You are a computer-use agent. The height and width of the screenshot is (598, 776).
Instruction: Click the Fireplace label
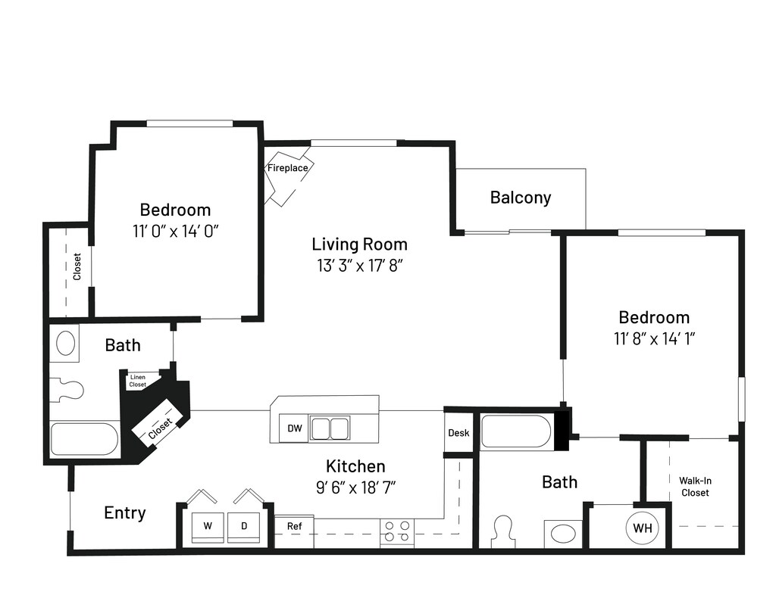point(287,168)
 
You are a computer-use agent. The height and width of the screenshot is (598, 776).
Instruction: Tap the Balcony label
point(521,198)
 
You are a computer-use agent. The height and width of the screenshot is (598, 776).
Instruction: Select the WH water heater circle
point(643,528)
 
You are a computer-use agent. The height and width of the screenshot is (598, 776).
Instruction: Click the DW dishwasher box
point(295,428)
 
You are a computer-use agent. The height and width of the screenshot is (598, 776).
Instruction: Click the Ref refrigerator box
point(294,531)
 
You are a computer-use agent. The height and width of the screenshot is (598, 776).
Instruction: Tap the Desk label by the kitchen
point(458,433)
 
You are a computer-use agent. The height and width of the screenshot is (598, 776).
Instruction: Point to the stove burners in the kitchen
point(397,531)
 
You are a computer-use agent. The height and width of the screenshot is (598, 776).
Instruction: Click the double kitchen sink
point(330,428)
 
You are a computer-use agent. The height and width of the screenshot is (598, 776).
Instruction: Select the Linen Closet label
point(138,381)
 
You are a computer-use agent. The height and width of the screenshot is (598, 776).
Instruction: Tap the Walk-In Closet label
point(695,487)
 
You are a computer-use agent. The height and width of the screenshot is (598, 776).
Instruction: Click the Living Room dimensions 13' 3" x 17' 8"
point(359,266)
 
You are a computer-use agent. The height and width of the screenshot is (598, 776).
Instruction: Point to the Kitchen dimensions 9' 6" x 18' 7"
point(356,488)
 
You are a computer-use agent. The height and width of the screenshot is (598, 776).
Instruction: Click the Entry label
point(125,513)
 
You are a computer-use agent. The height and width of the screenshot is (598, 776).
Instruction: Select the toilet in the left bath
point(69,390)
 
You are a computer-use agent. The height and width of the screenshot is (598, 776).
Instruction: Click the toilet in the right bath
point(503,532)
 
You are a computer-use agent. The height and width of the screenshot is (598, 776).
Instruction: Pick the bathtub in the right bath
point(515,431)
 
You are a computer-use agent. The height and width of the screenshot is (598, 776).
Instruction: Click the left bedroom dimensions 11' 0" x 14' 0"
point(175,232)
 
